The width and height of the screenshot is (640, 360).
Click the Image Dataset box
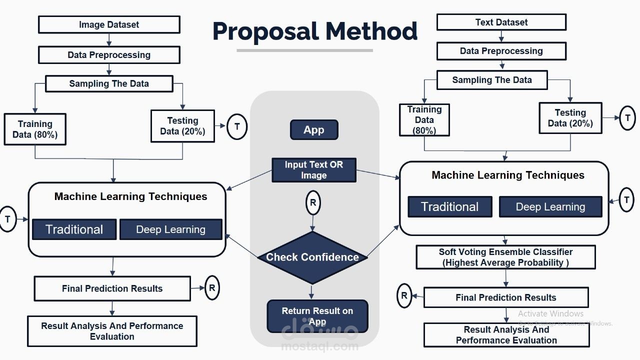point(109,24)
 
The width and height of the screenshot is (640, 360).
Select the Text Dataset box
point(501,22)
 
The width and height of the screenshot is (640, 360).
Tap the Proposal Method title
point(314,31)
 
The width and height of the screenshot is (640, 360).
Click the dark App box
point(314,130)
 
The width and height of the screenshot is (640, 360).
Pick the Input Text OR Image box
point(313,170)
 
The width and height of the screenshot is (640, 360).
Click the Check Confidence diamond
point(312,257)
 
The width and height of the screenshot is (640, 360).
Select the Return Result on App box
point(317,316)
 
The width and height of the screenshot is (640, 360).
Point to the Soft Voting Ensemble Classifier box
point(505,257)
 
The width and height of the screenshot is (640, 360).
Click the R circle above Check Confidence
point(313,202)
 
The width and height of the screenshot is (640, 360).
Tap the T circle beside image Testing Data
point(237,126)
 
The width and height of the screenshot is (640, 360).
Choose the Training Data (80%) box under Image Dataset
point(35,129)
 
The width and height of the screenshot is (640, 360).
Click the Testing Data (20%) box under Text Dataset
point(570,118)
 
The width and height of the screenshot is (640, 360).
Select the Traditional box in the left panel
point(74,229)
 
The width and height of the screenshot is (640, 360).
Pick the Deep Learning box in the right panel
point(550,207)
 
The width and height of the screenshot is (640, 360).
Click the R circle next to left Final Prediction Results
point(212,288)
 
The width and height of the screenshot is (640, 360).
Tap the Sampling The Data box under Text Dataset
point(491,80)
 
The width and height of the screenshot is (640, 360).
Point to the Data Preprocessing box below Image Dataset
point(109,55)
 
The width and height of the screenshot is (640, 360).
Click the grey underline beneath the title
point(304,50)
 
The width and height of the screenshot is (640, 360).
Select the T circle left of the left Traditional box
point(7,219)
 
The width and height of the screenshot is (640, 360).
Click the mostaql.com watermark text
point(320,346)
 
